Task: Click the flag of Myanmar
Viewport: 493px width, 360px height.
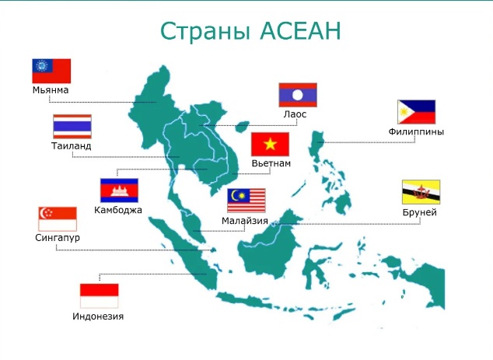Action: tap(51, 71)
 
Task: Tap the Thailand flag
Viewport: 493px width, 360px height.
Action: tap(72, 127)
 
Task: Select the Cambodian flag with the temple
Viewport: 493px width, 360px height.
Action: tap(119, 190)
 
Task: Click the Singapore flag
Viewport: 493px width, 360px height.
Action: tap(58, 218)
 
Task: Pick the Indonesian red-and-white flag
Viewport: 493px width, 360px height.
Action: tap(99, 295)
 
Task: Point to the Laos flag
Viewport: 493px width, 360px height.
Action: tap(298, 95)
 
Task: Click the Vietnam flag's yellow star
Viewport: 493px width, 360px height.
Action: tap(270, 145)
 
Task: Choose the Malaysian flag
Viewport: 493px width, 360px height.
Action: tap(247, 201)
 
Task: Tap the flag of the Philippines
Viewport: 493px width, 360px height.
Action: tap(417, 112)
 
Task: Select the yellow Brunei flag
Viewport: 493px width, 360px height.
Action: tap(421, 192)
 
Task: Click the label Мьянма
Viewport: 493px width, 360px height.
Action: tap(51, 90)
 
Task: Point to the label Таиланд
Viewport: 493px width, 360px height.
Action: tap(72, 146)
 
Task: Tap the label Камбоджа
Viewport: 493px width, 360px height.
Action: tap(118, 210)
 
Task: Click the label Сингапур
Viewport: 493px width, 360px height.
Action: tap(58, 237)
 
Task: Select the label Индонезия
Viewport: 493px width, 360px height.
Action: tap(98, 316)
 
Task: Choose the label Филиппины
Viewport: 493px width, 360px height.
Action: tap(416, 131)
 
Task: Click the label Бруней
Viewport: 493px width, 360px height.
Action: tap(420, 212)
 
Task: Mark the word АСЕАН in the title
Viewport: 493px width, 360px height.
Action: tap(301, 31)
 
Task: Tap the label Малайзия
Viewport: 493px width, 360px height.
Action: tap(245, 221)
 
